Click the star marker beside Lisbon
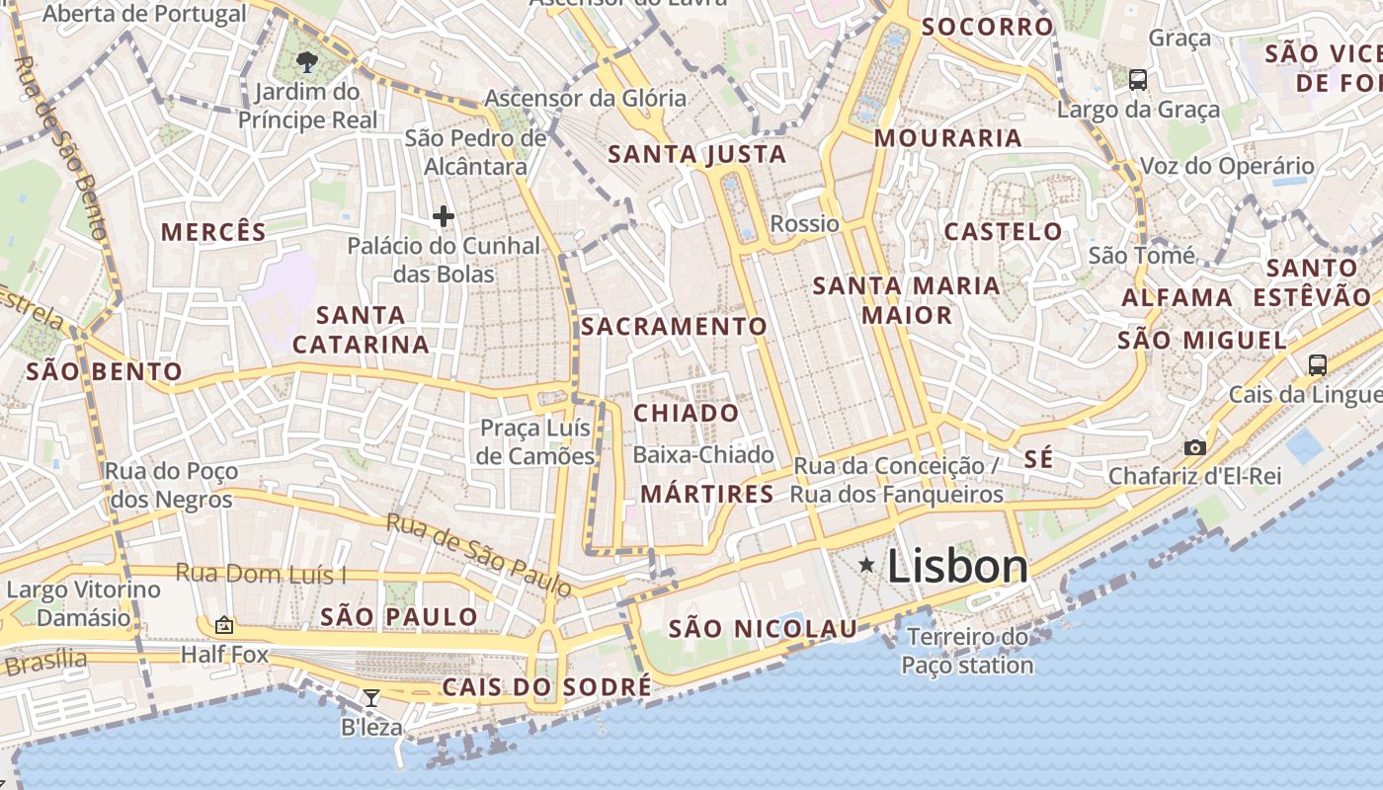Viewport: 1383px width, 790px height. point(866,565)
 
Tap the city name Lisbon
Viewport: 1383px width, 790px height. point(957,567)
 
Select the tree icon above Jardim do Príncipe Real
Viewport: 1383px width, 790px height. point(307,62)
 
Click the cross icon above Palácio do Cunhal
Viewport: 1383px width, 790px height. point(444,215)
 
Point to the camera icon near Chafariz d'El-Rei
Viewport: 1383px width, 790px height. point(1194,447)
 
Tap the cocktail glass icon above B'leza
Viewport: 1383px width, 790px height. point(370,698)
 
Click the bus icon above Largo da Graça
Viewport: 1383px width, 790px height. point(1138,79)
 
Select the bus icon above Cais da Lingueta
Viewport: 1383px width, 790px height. point(1317,364)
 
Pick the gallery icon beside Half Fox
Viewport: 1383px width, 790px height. point(224,624)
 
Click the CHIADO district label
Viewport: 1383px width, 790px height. point(686,413)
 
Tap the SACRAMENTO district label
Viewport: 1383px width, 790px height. point(674,326)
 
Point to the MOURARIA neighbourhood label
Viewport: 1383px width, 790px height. point(947,138)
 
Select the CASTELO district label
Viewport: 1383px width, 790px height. point(1004,232)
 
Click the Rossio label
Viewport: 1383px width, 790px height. point(804,223)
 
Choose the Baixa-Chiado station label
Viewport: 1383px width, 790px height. point(703,454)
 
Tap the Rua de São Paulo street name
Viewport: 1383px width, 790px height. point(478,555)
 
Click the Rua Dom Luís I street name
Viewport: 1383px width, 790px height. point(261,573)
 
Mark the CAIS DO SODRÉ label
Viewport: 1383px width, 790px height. point(546,686)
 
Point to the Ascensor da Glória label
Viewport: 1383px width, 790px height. point(585,98)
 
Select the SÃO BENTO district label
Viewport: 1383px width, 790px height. point(104,372)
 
